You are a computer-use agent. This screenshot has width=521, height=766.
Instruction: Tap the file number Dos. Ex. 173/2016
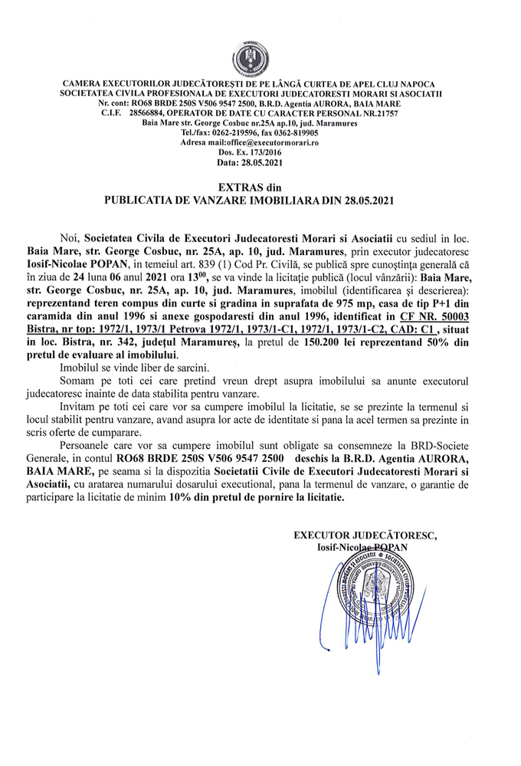[260, 153]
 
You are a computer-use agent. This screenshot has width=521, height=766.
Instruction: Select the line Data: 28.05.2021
[260, 163]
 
